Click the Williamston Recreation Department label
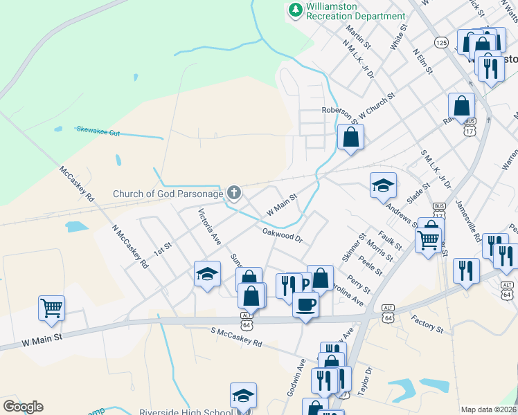[355, 11]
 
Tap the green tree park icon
[296, 10]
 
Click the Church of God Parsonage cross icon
[234, 192]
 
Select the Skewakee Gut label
[98, 130]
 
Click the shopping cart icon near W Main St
[52, 308]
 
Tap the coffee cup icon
[305, 303]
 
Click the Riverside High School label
[185, 413]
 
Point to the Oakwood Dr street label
[283, 236]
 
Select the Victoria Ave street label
[209, 228]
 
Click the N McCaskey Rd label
[129, 246]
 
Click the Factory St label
[427, 324]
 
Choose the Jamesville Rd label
[468, 221]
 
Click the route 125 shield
[441, 43]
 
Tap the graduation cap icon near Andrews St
[383, 185]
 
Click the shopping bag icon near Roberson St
[351, 136]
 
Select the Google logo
[23, 406]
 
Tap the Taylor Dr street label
[364, 380]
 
